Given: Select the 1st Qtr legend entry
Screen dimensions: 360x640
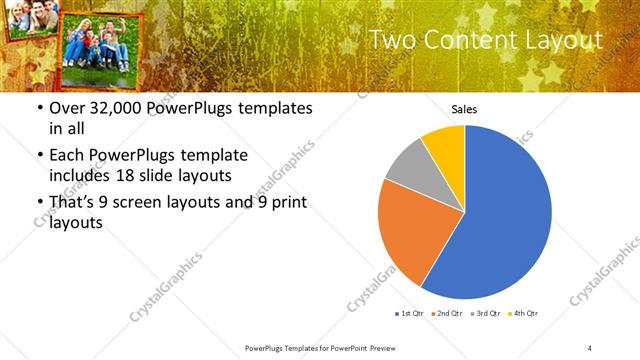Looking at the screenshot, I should [410, 314].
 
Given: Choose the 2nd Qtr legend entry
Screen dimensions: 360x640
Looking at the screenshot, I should [446, 314].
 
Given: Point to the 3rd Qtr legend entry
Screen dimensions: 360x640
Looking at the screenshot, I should [484, 314].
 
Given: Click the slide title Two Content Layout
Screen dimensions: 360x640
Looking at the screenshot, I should [485, 40].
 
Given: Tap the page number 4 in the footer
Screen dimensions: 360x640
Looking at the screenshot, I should [590, 347].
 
